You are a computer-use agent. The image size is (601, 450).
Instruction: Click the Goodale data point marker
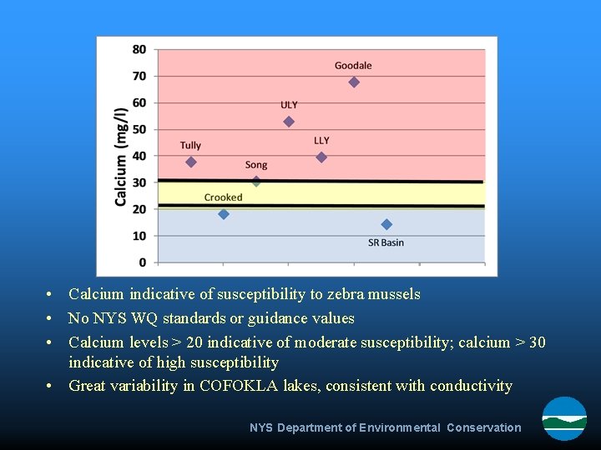(354, 82)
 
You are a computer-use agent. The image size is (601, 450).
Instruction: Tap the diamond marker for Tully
(191, 162)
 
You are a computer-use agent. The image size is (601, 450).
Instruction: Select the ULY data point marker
(289, 122)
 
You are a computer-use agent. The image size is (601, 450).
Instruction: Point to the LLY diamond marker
(321, 157)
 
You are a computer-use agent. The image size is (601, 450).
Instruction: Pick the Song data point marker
(256, 182)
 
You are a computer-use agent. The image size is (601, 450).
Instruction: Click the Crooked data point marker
(224, 214)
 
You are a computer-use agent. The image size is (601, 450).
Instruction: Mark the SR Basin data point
(386, 224)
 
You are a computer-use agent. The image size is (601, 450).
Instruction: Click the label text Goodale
(353, 66)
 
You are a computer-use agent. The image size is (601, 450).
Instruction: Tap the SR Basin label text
(386, 242)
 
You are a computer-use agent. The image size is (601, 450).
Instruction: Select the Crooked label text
(223, 197)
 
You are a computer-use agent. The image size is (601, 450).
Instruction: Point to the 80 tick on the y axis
(139, 49)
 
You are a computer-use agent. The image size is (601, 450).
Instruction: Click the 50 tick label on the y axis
(139, 129)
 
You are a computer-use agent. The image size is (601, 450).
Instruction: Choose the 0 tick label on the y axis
(143, 262)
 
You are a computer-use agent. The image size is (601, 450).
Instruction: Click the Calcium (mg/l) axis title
(121, 156)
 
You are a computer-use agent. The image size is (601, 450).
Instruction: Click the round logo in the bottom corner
(564, 417)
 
